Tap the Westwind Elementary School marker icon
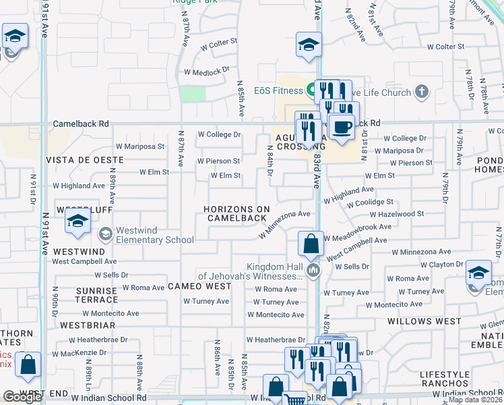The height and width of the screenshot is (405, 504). point(106,234)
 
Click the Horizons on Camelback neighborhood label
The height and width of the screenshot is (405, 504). point(237,213)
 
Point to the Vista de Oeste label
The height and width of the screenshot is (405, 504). point(85,160)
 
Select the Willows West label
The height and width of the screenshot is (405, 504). point(424,322)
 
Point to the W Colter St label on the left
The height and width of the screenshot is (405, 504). point(217,41)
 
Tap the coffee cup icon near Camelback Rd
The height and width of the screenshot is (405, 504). point(342,126)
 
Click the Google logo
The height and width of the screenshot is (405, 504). point(22,397)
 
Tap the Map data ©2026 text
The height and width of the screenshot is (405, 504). point(476,400)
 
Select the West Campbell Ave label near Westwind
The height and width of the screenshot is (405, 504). point(84,261)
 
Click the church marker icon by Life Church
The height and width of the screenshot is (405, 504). point(422,91)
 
